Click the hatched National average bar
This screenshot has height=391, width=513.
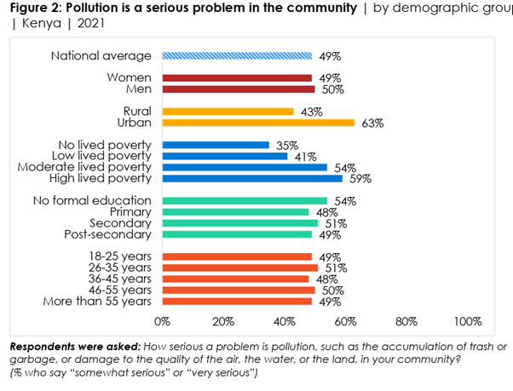(237, 56)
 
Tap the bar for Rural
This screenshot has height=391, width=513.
(228, 112)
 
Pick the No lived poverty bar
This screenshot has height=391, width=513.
(216, 145)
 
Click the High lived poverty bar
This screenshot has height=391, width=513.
(252, 178)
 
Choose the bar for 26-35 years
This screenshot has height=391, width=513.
(239, 267)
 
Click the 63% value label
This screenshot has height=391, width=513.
(372, 124)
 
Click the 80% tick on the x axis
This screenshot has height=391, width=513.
(406, 322)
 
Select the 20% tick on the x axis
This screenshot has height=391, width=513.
(222, 322)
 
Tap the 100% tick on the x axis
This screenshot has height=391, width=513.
(467, 322)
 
